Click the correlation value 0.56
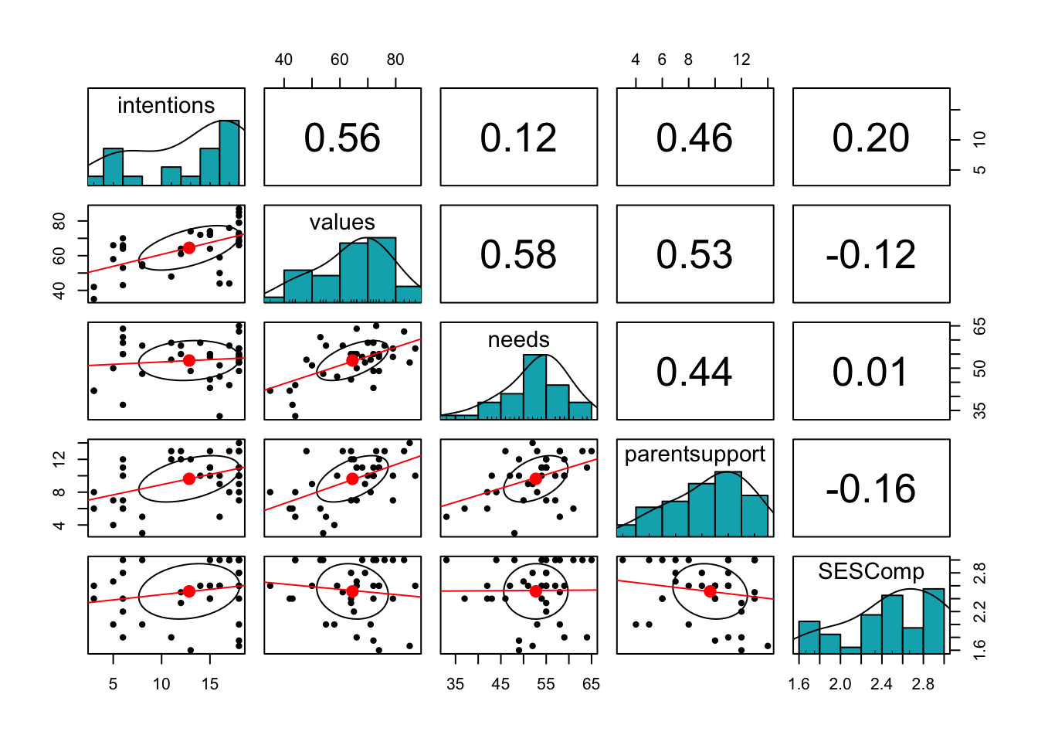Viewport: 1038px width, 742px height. [x=342, y=138]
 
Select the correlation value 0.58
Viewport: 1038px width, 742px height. [x=518, y=254]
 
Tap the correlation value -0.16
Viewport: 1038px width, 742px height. [x=870, y=488]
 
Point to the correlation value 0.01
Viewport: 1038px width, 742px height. [x=870, y=372]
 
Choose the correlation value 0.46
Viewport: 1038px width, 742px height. [x=694, y=138]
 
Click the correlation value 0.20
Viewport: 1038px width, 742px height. [x=870, y=138]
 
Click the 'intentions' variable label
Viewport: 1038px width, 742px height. [x=166, y=105]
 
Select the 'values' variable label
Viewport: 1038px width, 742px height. [x=342, y=223]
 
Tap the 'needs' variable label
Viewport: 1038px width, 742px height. [x=518, y=339]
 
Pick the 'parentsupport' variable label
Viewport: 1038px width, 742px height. [x=694, y=454]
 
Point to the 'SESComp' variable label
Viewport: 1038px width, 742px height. [x=870, y=571]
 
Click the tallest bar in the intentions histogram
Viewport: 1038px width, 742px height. [x=229, y=153]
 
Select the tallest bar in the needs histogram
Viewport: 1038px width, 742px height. [x=534, y=386]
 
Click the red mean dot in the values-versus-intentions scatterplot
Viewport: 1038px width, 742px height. [x=188, y=248]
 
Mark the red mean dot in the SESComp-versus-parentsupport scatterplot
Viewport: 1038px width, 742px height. [x=711, y=591]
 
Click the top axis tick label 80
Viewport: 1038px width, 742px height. [x=395, y=60]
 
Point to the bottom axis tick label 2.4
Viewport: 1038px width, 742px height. [x=881, y=684]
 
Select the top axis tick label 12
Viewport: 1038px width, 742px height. [x=741, y=60]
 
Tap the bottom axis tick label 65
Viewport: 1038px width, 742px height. [x=591, y=684]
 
